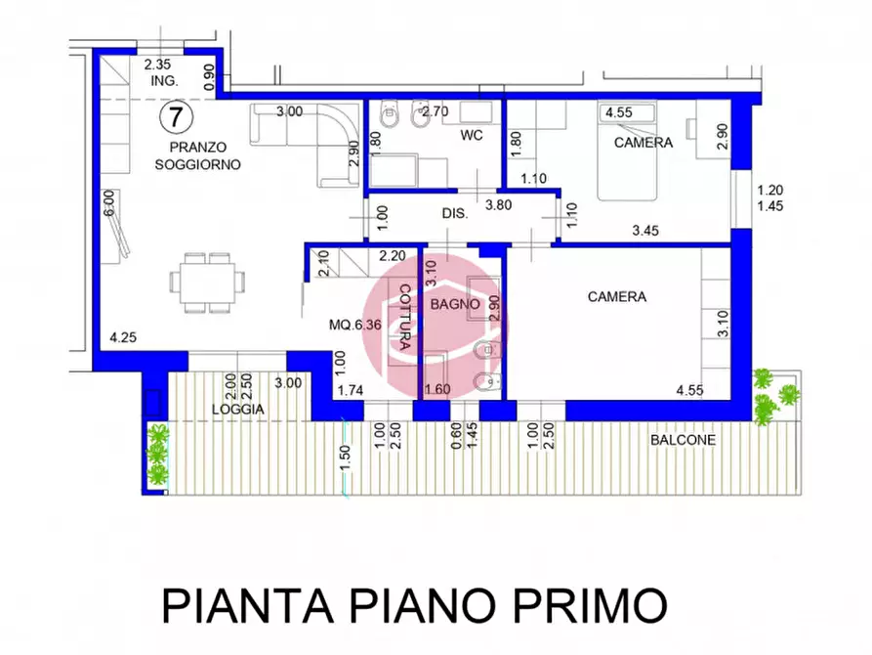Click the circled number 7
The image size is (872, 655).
point(175,116)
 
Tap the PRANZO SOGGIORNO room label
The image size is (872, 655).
point(197,155)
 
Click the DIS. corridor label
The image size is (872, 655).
point(454,212)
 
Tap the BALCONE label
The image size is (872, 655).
point(683,440)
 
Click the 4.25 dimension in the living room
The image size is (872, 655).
point(122,338)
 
